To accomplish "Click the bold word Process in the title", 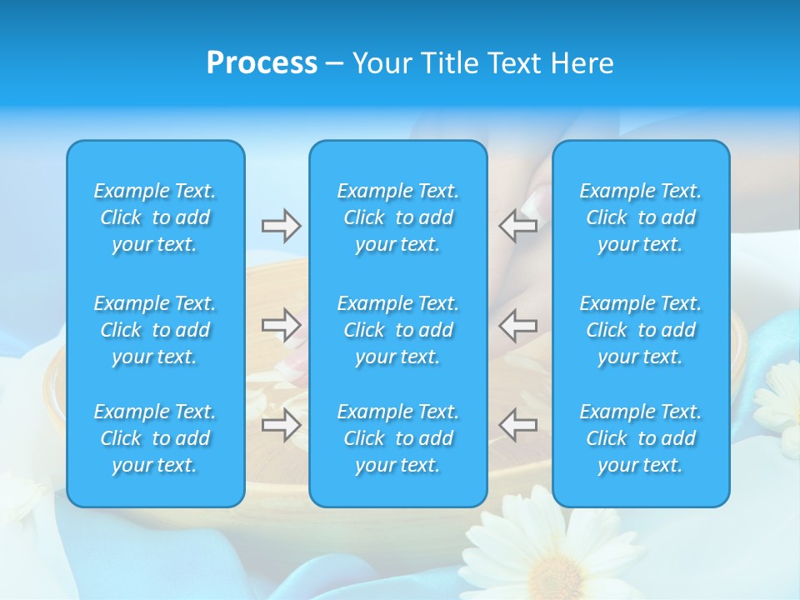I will pos(262,63).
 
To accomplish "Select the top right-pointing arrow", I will pos(281,226).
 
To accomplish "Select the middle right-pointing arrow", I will pos(281,325).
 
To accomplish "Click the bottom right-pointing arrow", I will pos(281,425).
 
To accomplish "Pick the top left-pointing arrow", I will pos(517,226).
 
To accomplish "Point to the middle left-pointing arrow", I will pos(517,325).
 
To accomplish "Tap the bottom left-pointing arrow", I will pos(517,425).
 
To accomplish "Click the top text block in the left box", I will pos(155,217).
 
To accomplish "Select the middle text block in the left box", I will pos(155,330).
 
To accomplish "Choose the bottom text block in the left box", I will pos(155,438).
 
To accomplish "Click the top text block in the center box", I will pos(397,217).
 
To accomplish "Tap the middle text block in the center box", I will pos(397,330).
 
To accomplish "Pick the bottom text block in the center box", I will pos(397,438).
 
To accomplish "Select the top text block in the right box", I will pos(641,217).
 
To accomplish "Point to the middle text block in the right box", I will pos(641,330).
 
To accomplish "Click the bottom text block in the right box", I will pos(641,438).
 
